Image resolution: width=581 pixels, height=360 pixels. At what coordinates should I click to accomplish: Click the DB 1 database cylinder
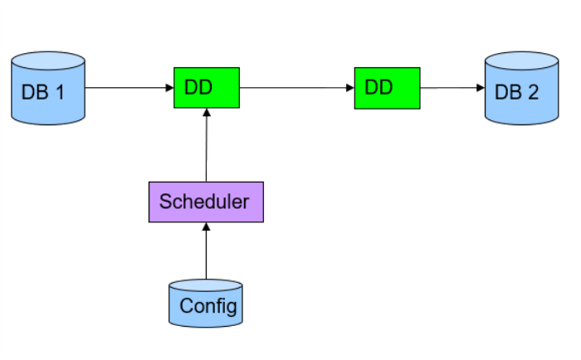[x=48, y=90]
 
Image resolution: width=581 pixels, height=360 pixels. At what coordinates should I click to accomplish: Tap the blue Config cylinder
[x=206, y=304]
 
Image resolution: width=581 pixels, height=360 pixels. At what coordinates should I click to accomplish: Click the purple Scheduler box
[x=206, y=202]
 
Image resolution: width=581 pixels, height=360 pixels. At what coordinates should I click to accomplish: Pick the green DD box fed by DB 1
[x=207, y=87]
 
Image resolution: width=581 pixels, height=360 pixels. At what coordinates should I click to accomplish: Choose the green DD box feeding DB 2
[x=387, y=87]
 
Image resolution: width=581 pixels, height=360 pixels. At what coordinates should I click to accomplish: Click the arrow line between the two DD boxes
[x=295, y=87]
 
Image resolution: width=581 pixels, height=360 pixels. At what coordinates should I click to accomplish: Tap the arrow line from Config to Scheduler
[x=207, y=253]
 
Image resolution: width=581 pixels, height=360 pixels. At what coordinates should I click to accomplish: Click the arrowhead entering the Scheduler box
[x=207, y=226]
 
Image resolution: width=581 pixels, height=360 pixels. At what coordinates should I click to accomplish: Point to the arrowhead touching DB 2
[x=481, y=87]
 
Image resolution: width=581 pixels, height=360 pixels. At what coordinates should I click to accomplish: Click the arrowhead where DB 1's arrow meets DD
[x=169, y=87]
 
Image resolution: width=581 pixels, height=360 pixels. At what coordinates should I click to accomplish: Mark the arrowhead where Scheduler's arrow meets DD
[x=207, y=112]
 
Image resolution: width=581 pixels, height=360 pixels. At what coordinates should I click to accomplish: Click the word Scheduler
[x=204, y=202]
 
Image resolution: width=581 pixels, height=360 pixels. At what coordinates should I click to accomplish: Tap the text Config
[x=208, y=306]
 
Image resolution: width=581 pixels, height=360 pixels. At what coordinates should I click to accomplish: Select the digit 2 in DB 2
[x=532, y=92]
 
